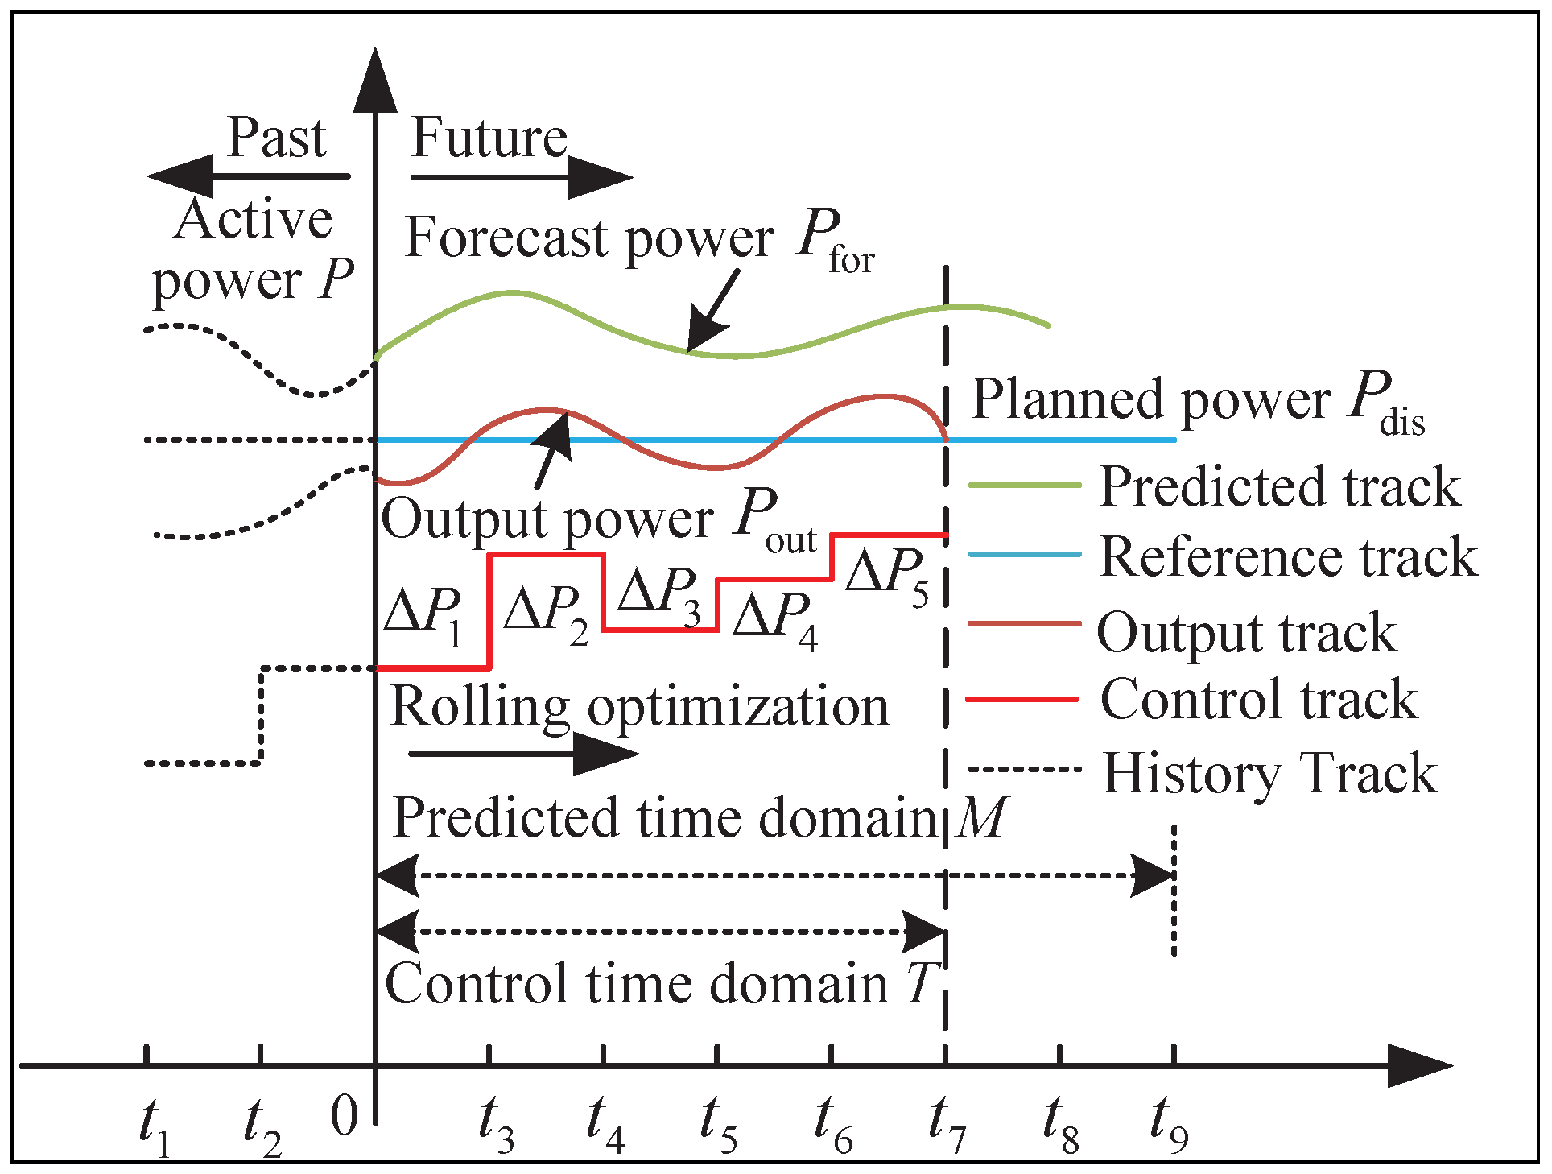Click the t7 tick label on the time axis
pyautogui.click(x=947, y=1124)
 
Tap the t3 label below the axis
pyautogui.click(x=495, y=1124)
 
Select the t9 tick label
pyautogui.click(x=1168, y=1124)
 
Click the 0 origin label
pyautogui.click(x=345, y=1117)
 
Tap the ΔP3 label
pyautogui.click(x=658, y=596)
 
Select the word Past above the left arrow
pyautogui.click(x=276, y=138)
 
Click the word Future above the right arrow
pyautogui.click(x=489, y=138)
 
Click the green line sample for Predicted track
pyautogui.click(x=1023, y=485)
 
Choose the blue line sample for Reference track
pyautogui.click(x=1023, y=554)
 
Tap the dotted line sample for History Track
pyautogui.click(x=1023, y=770)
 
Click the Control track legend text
pyautogui.click(x=1258, y=699)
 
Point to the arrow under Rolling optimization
pyautogui.click(x=523, y=754)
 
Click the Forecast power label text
pyautogui.click(x=589, y=238)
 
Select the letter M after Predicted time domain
pyautogui.click(x=980, y=818)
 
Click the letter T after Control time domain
pyautogui.click(x=923, y=984)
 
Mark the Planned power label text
pyautogui.click(x=1151, y=399)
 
